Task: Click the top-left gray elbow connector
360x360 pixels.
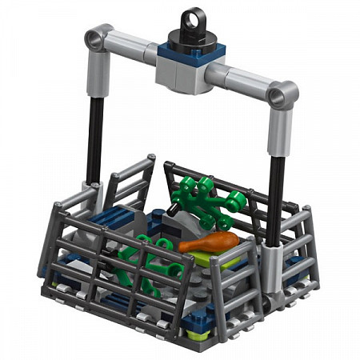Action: (x=98, y=38)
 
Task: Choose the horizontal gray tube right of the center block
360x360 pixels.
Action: (x=240, y=80)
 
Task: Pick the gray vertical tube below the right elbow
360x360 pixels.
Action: (x=280, y=132)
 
